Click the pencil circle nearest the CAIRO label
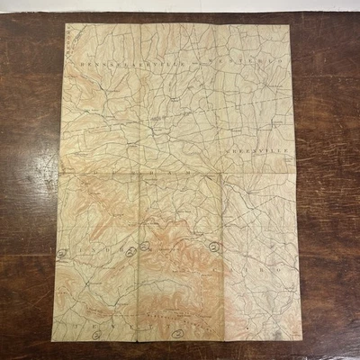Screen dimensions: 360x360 pos(213,245)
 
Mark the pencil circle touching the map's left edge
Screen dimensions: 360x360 pos(62,254)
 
